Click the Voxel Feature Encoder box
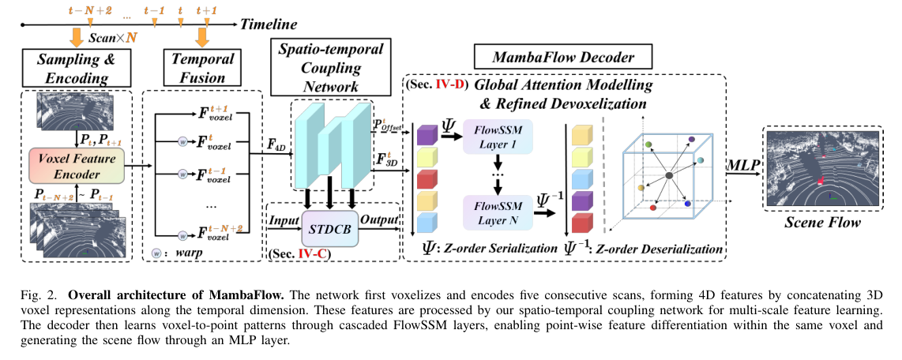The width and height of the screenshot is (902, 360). (76, 166)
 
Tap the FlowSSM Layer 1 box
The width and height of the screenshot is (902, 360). (498, 137)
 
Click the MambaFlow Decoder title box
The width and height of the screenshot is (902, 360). (563, 58)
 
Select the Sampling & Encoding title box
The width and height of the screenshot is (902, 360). (77, 67)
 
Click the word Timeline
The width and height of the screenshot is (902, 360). (269, 24)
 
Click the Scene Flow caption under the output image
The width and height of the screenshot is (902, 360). (823, 222)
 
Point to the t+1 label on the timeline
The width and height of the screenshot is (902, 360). (206, 9)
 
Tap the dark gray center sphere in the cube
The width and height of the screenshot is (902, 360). (668, 175)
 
